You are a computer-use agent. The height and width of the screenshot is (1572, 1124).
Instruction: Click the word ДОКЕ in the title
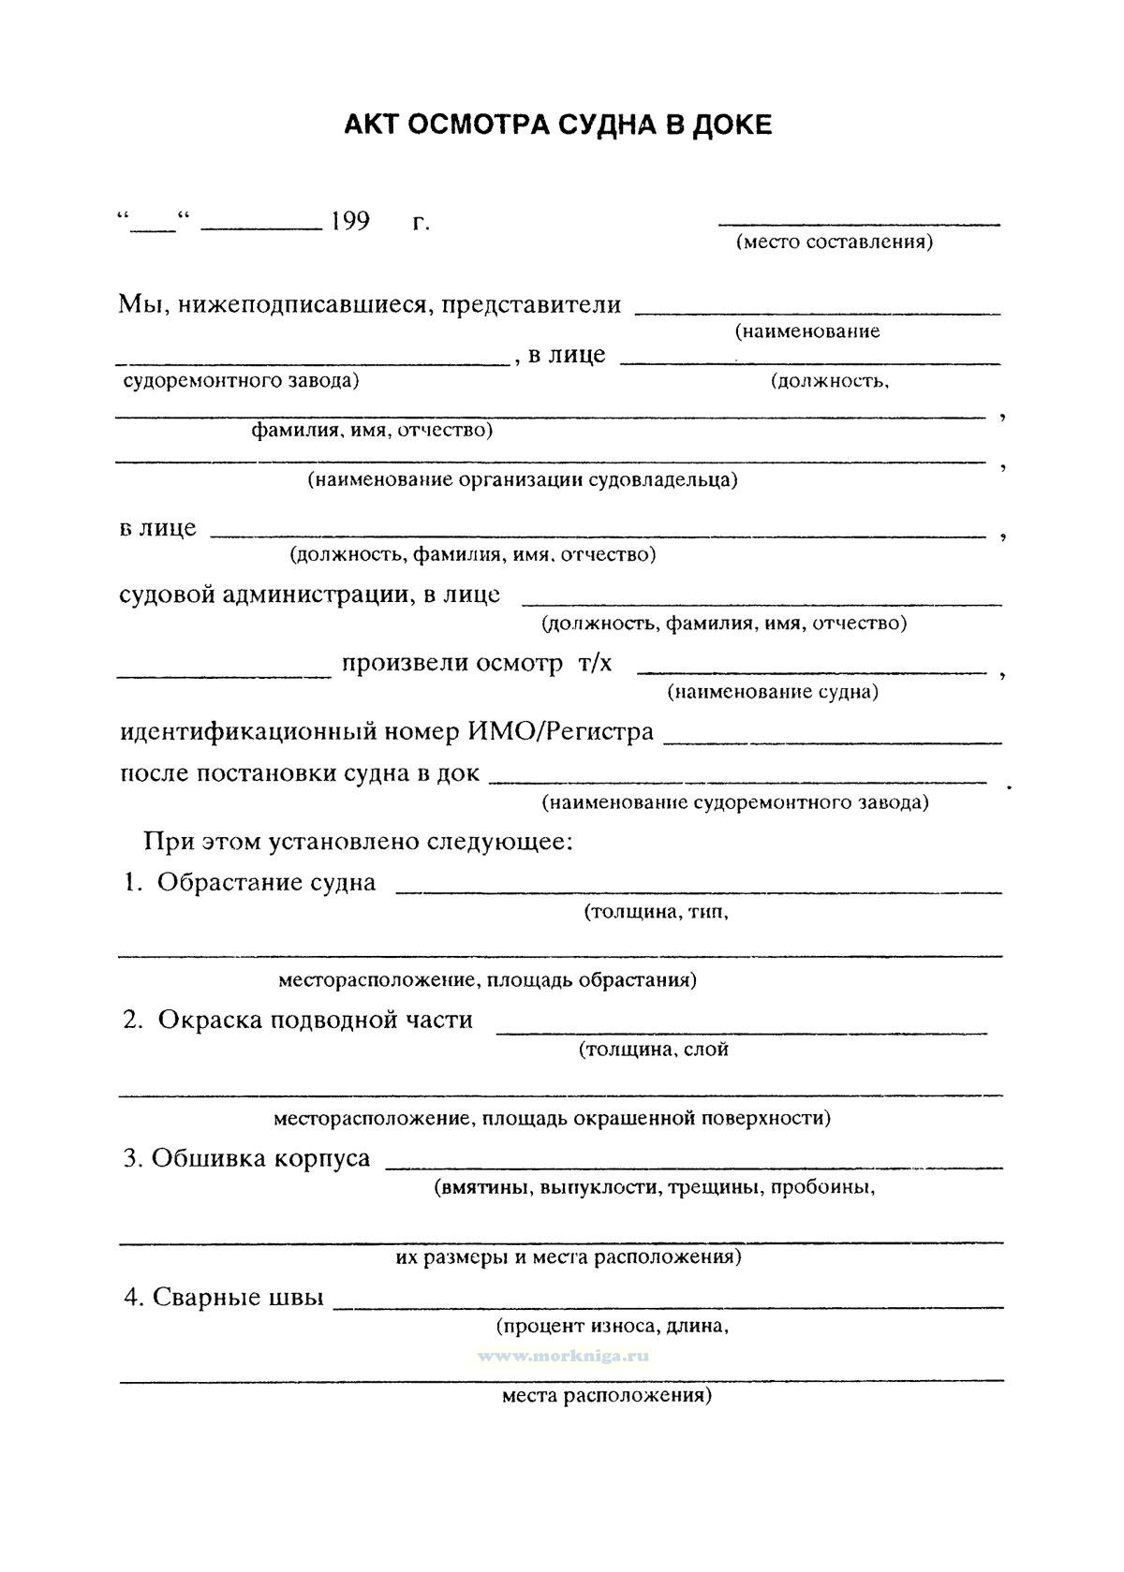pyautogui.click(x=732, y=125)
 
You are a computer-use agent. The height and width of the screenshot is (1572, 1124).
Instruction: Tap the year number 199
pyautogui.click(x=349, y=222)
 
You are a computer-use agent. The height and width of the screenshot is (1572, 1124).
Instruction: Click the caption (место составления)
pyautogui.click(x=834, y=242)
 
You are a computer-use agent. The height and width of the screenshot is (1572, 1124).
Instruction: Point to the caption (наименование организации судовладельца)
pyautogui.click(x=522, y=480)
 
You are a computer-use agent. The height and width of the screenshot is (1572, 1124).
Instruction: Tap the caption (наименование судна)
pyautogui.click(x=773, y=692)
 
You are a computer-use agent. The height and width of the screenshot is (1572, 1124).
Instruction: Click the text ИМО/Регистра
pyautogui.click(x=560, y=731)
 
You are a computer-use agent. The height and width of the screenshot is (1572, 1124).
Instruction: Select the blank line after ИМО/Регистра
pyautogui.click(x=833, y=742)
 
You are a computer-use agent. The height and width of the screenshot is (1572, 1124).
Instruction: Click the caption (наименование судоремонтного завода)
pyautogui.click(x=735, y=802)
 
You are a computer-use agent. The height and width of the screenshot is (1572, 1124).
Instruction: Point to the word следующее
pyautogui.click(x=498, y=841)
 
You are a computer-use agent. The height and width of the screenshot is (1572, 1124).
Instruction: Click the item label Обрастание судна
pyautogui.click(x=266, y=882)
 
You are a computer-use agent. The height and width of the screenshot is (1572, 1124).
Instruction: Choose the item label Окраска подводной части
pyautogui.click(x=315, y=1020)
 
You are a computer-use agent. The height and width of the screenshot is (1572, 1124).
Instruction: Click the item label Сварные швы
pyautogui.click(x=238, y=1297)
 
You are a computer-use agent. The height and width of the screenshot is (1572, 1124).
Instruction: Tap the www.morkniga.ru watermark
pyautogui.click(x=563, y=1355)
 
